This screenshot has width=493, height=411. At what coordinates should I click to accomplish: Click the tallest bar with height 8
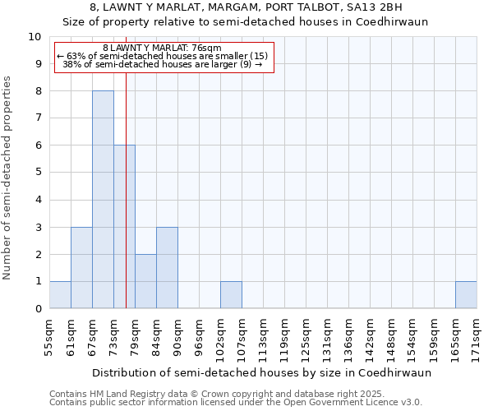pyautogui.click(x=103, y=200)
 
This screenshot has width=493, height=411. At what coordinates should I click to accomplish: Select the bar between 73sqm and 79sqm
pyautogui.click(x=124, y=227)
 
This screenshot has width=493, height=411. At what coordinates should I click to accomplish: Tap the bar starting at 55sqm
pyautogui.click(x=60, y=295)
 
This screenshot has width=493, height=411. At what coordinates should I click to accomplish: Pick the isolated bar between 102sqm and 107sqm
pyautogui.click(x=231, y=295)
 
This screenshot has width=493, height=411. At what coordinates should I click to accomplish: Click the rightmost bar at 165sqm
pyautogui.click(x=466, y=295)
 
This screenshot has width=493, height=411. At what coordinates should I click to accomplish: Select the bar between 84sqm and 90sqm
pyautogui.click(x=167, y=268)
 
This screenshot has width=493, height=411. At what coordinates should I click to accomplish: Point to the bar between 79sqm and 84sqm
pyautogui.click(x=145, y=281)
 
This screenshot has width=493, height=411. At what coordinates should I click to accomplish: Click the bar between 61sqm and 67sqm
pyautogui.click(x=81, y=268)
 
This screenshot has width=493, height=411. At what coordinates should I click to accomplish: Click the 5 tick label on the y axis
pyautogui.click(x=37, y=173)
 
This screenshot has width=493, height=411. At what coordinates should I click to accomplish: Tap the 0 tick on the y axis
pyautogui.click(x=37, y=309)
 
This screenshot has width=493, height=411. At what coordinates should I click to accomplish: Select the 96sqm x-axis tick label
pyautogui.click(x=199, y=337)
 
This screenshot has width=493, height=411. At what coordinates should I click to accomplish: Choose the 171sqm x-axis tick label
pyautogui.click(x=477, y=337)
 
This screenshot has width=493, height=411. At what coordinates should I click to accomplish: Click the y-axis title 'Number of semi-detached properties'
pyautogui.click(x=8, y=177)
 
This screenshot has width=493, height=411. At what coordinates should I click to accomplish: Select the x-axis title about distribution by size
pyautogui.click(x=261, y=372)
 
